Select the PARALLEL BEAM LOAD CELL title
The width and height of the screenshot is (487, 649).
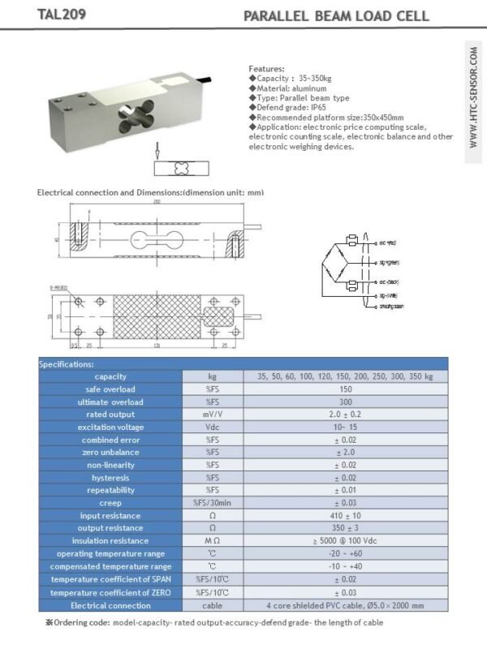click(336, 16)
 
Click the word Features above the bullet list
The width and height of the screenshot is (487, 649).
click(266, 70)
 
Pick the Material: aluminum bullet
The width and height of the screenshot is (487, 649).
click(289, 88)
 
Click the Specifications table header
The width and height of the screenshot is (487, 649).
click(67, 364)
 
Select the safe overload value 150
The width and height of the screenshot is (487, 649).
click(345, 389)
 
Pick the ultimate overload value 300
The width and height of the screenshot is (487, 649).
click(345, 402)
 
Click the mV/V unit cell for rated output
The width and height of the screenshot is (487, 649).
click(213, 415)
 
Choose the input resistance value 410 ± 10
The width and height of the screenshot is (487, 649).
click(345, 516)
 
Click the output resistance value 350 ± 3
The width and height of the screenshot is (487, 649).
click(345, 528)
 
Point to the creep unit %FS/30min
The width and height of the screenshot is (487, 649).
click(213, 503)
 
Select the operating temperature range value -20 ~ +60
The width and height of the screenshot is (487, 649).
click(345, 553)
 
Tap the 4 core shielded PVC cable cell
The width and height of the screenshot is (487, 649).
click(345, 604)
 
